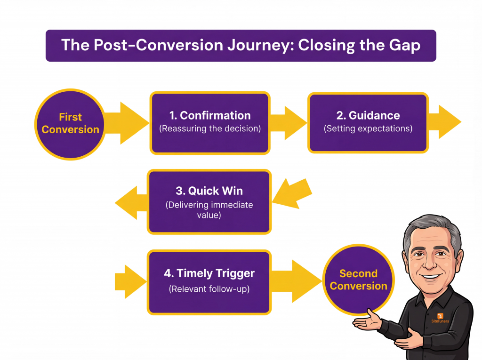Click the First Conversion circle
tap(70, 123)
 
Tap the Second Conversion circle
tap(359, 280)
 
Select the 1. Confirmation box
tap(210, 122)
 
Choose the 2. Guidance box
tap(368, 122)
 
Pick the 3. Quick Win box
tap(210, 201)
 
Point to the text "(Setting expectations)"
tap(368, 128)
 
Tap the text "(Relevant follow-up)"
tap(209, 289)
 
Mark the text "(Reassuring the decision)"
tap(210, 128)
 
